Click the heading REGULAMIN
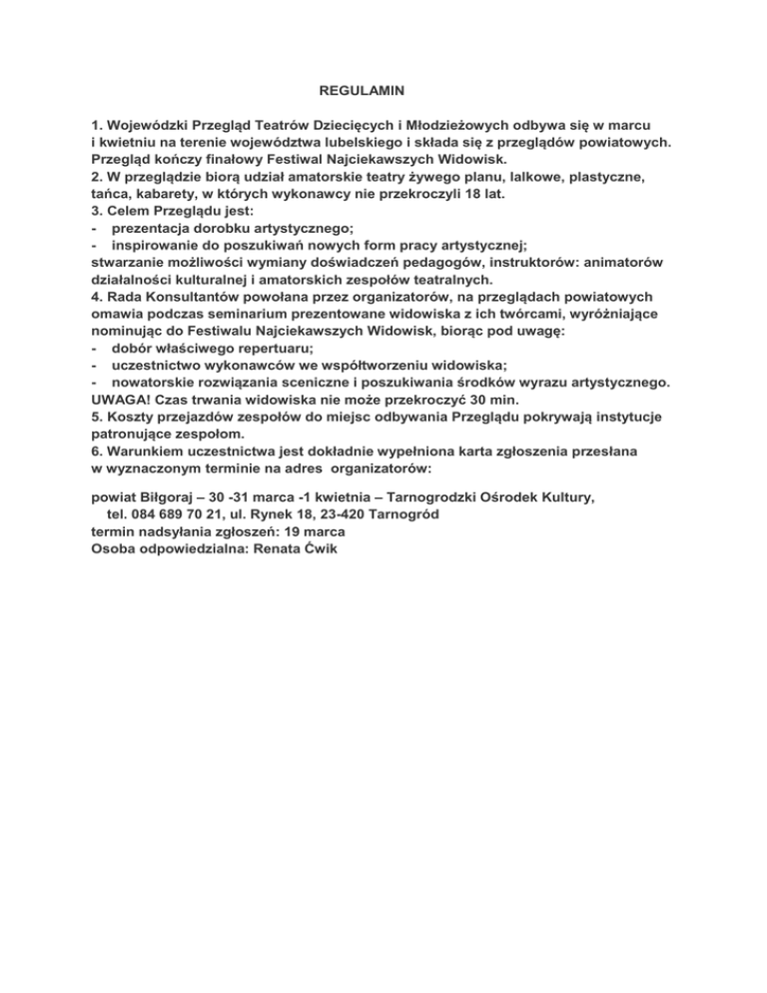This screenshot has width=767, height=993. point(361,91)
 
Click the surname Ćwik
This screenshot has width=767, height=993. point(322,548)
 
